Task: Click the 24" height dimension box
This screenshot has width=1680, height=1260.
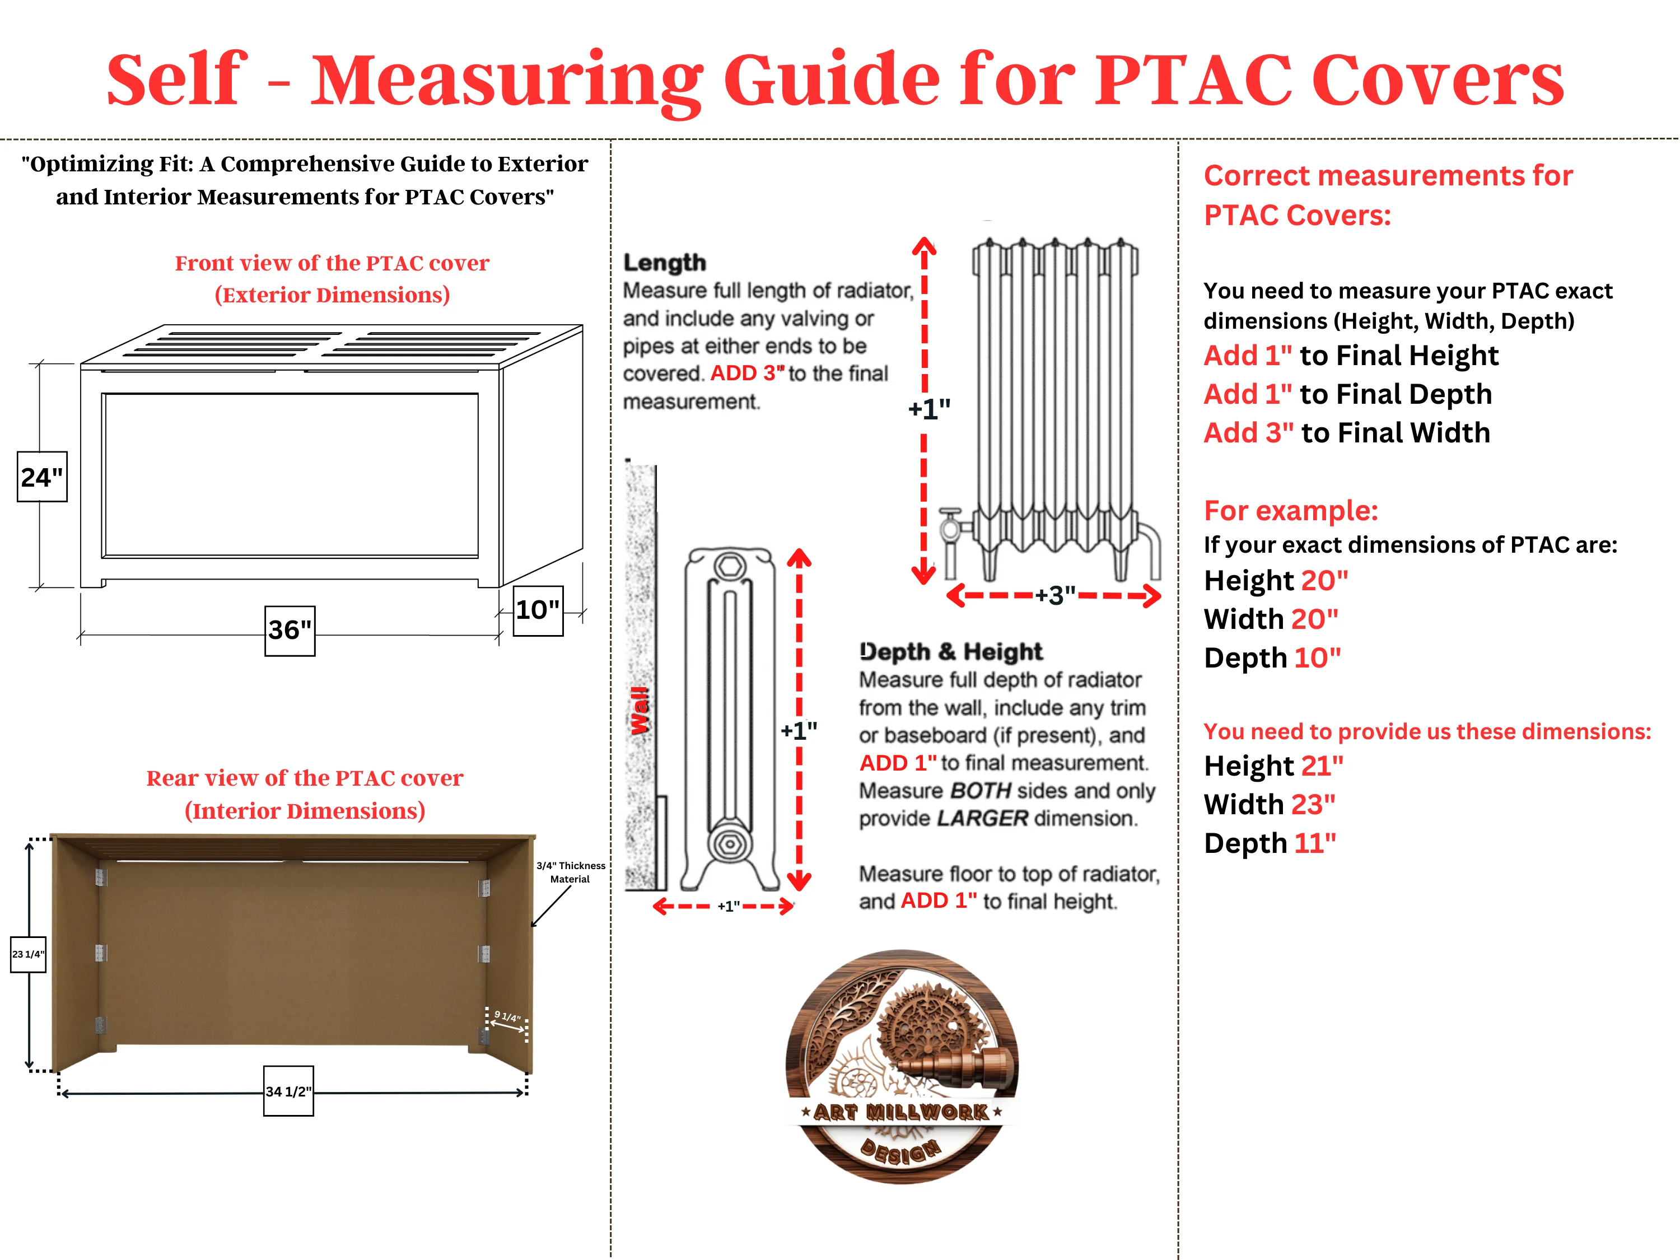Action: click(x=42, y=477)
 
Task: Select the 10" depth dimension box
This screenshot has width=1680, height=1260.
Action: click(x=538, y=610)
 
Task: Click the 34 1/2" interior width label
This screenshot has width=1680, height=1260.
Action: click(x=288, y=1091)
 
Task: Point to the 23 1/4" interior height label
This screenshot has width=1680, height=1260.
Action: click(x=28, y=954)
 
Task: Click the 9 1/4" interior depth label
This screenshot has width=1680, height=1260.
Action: click(x=507, y=1016)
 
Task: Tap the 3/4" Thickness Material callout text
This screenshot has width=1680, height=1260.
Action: click(x=571, y=872)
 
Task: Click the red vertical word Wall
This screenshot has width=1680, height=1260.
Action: click(x=640, y=711)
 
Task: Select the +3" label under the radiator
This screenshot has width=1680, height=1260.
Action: click(x=1055, y=595)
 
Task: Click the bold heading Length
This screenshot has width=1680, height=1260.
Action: click(x=665, y=263)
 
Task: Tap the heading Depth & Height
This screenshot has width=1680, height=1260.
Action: click(x=951, y=652)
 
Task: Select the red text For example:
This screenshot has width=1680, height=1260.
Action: click(x=1290, y=510)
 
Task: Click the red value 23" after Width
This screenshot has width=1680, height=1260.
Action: click(x=1313, y=804)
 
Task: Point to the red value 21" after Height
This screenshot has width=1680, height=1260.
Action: click(x=1322, y=766)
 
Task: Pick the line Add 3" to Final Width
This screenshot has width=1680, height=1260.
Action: click(x=1347, y=433)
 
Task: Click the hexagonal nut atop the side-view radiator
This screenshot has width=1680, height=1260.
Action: click(x=730, y=566)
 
